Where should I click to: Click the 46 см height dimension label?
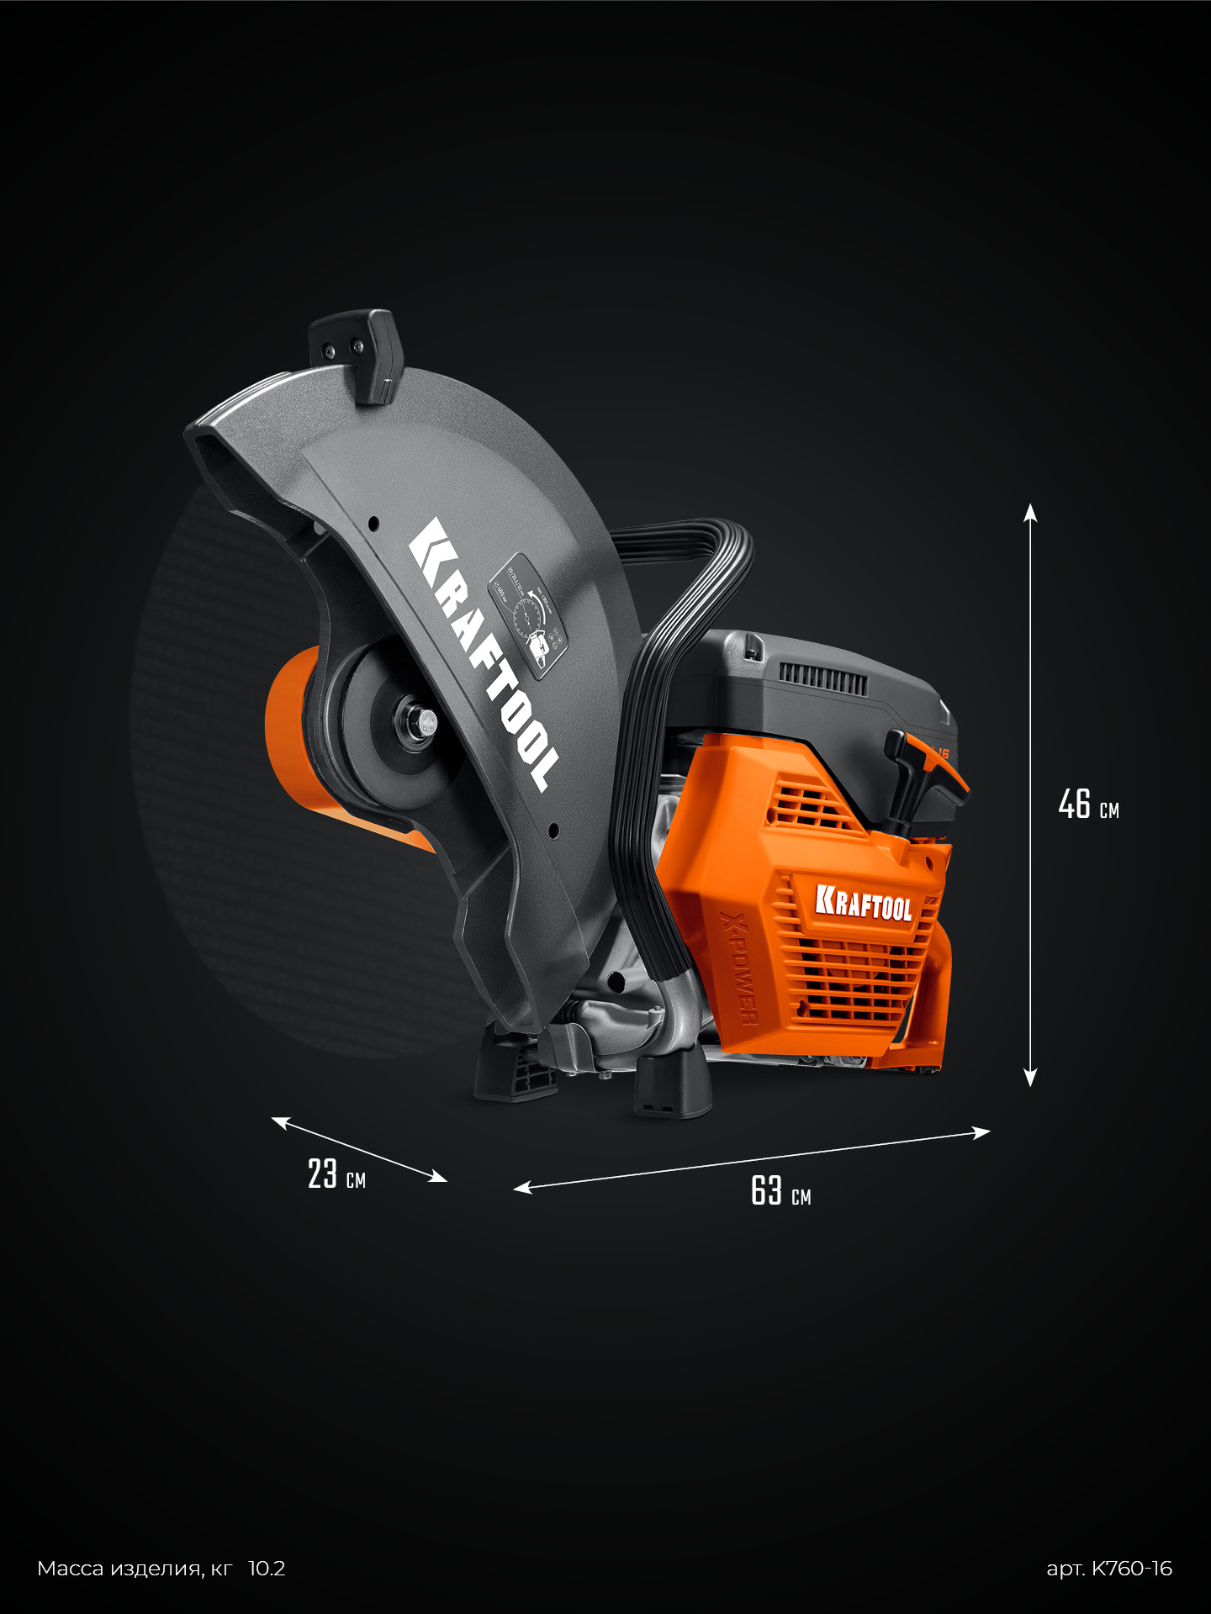tap(1088, 804)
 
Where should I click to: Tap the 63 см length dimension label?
tap(780, 1191)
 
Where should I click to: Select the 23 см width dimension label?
tap(336, 1174)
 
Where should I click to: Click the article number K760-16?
tap(1109, 1569)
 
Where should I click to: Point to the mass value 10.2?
tap(267, 1569)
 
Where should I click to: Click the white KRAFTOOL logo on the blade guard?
tap(484, 653)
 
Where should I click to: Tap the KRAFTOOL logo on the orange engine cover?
tap(864, 903)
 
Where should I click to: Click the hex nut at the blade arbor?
tap(423, 720)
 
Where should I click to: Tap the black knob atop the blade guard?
tap(357, 353)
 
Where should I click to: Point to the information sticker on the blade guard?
tap(527, 614)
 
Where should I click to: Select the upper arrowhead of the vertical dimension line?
tap(1030, 513)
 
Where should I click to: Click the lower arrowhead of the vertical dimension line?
tap(1030, 1078)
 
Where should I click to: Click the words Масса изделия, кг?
tap(135, 1569)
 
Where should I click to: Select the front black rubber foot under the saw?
tap(673, 1088)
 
